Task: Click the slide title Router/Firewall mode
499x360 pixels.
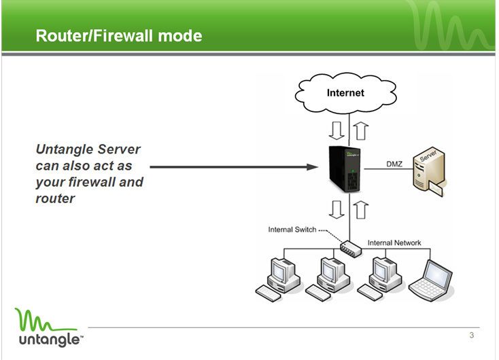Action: pyautogui.click(x=119, y=35)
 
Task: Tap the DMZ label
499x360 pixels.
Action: pyautogui.click(x=394, y=164)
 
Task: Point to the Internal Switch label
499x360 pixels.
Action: pyautogui.click(x=292, y=230)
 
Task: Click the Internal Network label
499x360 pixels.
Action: pyautogui.click(x=394, y=242)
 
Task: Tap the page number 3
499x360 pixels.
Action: pyautogui.click(x=471, y=336)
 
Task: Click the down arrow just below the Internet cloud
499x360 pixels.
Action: pyautogui.click(x=336, y=129)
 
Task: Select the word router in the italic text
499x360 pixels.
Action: pyautogui.click(x=55, y=199)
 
